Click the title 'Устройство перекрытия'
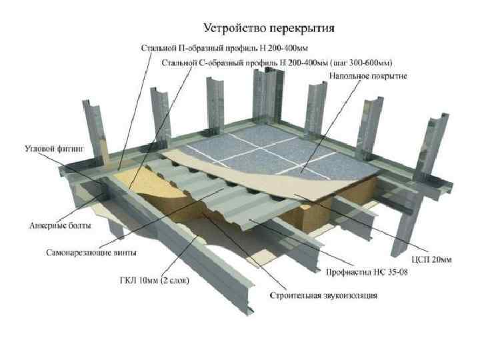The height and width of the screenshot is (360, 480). click(x=269, y=29)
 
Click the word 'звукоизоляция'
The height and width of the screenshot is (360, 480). click(x=353, y=295)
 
